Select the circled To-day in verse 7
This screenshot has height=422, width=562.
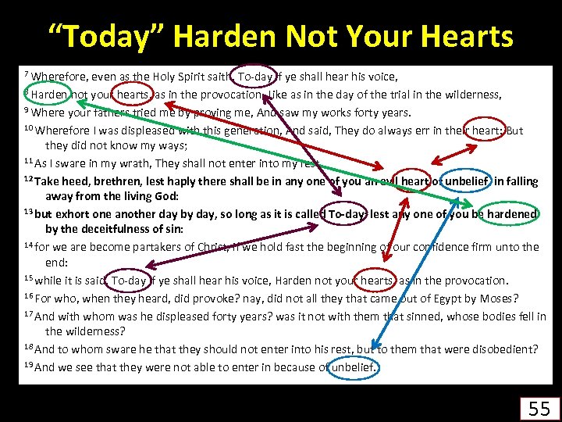(x=254, y=77)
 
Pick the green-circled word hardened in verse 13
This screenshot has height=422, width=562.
(x=508, y=214)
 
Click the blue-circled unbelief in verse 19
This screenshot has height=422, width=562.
(x=354, y=367)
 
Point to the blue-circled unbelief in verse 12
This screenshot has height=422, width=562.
(x=467, y=181)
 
